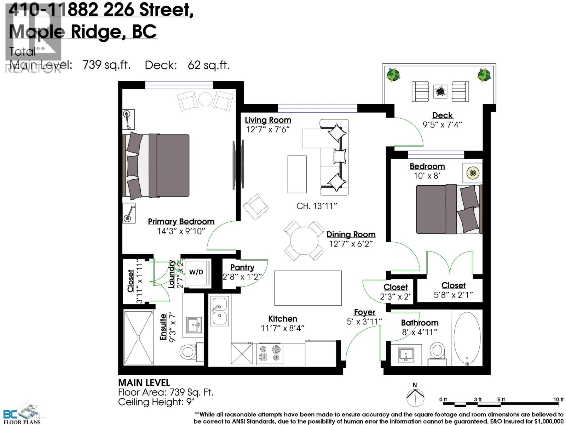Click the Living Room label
268,120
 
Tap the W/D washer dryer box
196,272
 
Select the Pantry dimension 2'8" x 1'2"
242,277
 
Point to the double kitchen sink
219,311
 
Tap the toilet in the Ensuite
188,352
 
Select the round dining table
304,240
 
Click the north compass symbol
415,397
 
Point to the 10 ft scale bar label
558,399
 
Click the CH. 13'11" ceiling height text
317,206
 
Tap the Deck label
442,115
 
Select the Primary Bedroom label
181,221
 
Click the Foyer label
364,312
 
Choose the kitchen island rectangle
308,288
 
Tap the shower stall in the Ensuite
138,338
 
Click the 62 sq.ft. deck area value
209,65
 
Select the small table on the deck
440,91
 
